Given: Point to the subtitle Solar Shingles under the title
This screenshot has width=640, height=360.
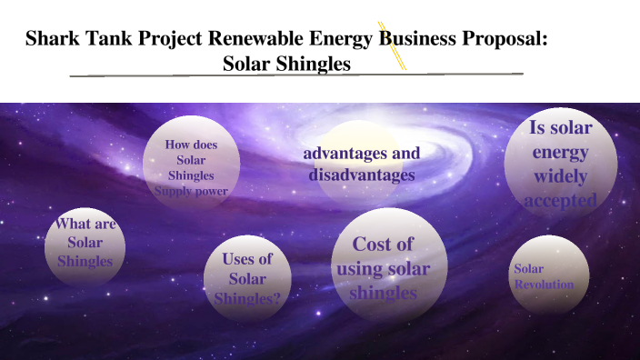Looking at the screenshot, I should [x=286, y=65].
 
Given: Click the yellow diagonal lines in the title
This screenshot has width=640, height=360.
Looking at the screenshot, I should [x=392, y=45].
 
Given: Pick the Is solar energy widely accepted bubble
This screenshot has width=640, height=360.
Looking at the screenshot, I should [x=561, y=164].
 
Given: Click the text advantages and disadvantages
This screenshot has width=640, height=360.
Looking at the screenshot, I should [x=361, y=164].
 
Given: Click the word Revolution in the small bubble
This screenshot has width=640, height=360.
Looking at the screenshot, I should [x=544, y=285].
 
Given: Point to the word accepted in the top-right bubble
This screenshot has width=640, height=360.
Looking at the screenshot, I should [x=561, y=199].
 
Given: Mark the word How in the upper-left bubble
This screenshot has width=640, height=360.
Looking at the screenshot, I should [x=176, y=144].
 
